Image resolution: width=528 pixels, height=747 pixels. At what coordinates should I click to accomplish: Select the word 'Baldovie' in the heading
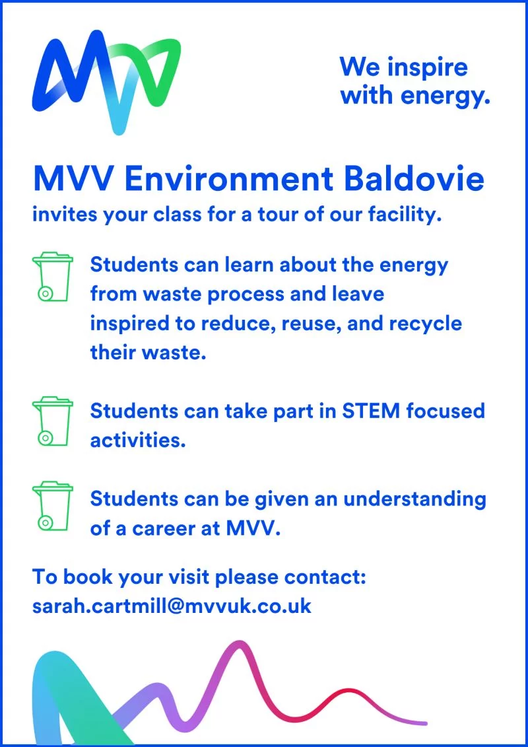click(x=414, y=178)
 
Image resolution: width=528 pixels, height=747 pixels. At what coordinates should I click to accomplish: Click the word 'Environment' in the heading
click(x=230, y=179)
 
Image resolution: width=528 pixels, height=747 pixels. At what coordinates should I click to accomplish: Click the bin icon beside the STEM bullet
click(x=53, y=421)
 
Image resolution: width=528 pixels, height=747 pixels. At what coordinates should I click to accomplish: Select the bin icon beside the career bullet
click(x=53, y=507)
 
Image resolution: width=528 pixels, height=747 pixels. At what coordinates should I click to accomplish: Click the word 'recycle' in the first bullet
click(x=426, y=324)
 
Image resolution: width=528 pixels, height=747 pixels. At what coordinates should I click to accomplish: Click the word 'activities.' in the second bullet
click(x=137, y=440)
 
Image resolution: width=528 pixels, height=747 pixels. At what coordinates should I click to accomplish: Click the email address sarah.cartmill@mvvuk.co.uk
click(x=172, y=606)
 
